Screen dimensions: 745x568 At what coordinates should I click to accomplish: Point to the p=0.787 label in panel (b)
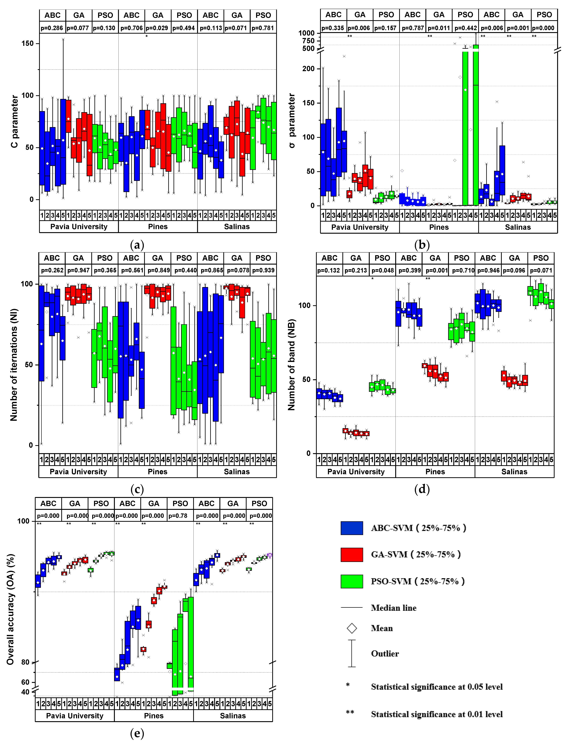[412, 28]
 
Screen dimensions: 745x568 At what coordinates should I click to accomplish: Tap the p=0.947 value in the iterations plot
[78, 270]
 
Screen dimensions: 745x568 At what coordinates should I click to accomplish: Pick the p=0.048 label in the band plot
[382, 270]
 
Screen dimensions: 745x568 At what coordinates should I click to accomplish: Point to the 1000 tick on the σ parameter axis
[306, 33]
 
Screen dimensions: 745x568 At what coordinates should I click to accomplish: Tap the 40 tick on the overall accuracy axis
[26, 692]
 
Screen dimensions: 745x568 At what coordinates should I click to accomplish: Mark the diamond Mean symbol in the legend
[352, 628]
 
